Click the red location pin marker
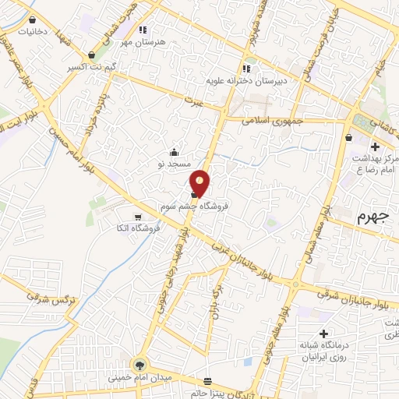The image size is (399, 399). (200, 183)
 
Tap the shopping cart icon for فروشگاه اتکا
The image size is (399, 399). (138, 214)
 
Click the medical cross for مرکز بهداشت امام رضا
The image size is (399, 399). (375, 146)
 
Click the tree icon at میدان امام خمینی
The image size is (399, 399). (140, 363)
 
